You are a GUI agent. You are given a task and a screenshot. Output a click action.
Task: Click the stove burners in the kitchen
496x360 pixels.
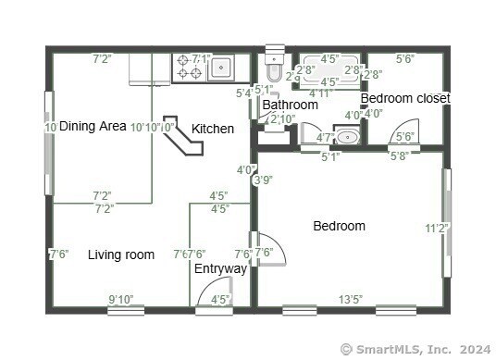point(190,68)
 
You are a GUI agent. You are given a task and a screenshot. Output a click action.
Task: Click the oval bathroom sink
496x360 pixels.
point(346,137)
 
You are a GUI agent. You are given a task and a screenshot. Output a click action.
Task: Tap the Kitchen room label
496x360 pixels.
point(212,129)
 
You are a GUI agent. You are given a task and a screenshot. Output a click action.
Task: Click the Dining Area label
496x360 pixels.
point(93,127)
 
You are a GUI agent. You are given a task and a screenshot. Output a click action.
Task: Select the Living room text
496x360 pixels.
point(121,254)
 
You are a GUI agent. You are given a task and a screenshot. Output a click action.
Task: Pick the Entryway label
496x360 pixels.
point(220,269)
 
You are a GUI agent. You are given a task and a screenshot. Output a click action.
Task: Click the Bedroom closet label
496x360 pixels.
point(404,98)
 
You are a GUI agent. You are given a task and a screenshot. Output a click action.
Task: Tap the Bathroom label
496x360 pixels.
point(290,105)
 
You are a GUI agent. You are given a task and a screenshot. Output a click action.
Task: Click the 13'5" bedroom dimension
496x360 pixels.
point(350,299)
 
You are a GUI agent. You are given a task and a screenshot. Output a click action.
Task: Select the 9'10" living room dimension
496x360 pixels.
point(121,299)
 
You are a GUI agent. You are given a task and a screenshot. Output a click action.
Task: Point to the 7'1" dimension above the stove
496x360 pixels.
point(201,58)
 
